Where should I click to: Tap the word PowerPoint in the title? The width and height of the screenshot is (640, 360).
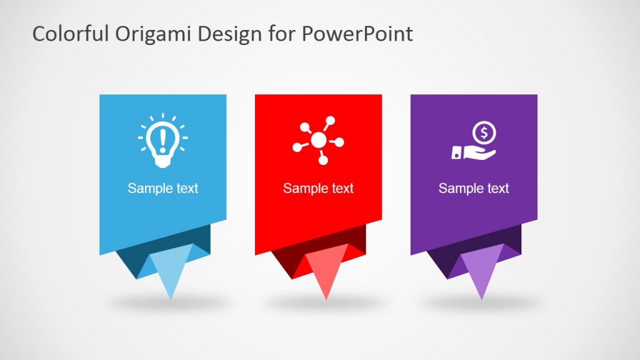coord(357,34)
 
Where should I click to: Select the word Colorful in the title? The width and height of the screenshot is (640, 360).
coord(71,34)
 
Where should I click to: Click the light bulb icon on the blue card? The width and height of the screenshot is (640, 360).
coord(162,141)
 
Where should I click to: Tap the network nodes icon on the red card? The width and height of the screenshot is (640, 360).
coord(318,141)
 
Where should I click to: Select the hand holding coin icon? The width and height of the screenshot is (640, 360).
coord(474,142)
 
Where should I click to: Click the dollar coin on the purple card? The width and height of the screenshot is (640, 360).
coord(484,132)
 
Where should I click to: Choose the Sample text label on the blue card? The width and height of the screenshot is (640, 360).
coord(162,188)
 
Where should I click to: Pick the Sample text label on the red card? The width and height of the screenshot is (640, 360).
coord(318,188)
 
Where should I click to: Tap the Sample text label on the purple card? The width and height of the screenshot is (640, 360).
coord(474,188)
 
